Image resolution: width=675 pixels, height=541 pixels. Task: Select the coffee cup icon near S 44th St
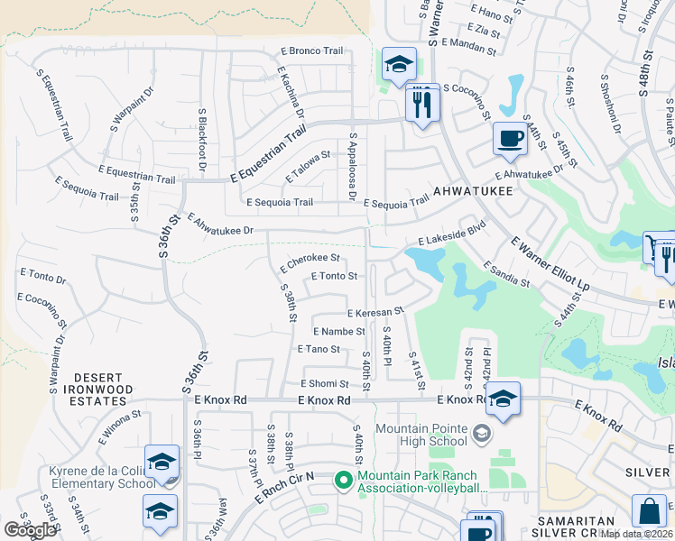click(x=510, y=139)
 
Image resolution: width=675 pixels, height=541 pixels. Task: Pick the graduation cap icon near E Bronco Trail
click(x=399, y=65)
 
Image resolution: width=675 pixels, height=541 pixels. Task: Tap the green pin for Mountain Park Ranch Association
click(x=343, y=480)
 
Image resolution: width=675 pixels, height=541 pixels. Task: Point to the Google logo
click(x=30, y=530)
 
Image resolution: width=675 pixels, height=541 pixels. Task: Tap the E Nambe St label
click(x=337, y=332)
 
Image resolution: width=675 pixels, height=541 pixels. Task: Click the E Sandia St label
click(x=506, y=274)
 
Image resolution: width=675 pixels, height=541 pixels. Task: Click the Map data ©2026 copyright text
click(x=637, y=534)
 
